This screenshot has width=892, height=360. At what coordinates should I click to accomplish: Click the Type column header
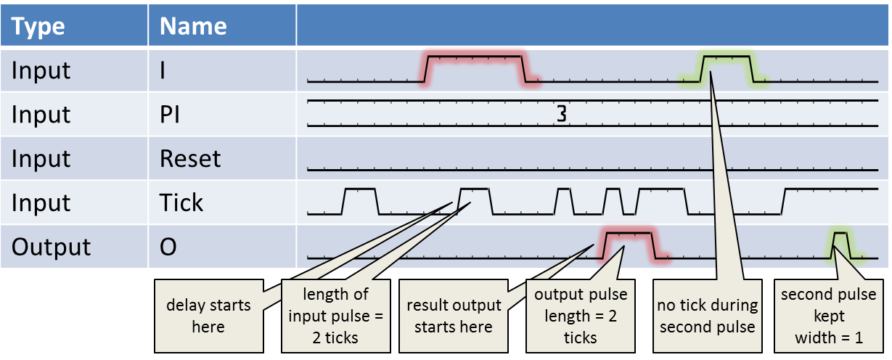coord(38,27)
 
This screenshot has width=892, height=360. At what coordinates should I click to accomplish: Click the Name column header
coord(193,27)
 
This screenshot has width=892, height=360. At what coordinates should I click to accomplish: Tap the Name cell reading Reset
coord(190,159)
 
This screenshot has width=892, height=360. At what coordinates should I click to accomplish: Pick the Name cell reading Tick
coord(181,203)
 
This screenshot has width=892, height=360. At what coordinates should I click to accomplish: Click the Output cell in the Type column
coord(51,247)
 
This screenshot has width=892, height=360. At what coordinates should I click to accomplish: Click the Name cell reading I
coord(163,70)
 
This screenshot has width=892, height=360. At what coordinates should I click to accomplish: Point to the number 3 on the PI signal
coord(561,114)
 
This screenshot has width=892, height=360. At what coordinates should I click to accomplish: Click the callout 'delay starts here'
coord(208,316)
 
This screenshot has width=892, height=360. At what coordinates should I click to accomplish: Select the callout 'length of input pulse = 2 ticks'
coord(335,316)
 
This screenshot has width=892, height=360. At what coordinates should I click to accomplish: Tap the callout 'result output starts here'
coord(454,316)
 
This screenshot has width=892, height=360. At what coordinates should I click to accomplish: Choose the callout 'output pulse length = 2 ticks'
coord(581,316)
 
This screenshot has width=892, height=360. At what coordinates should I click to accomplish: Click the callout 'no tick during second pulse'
coord(707,316)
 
